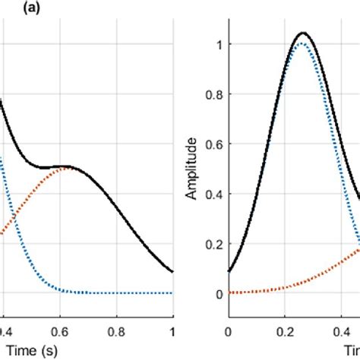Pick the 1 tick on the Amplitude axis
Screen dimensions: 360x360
[x=219, y=46]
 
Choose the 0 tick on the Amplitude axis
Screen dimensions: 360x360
[x=219, y=292]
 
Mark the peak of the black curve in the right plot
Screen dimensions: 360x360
[x=302, y=33]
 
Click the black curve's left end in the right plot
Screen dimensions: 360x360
[x=229, y=270]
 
